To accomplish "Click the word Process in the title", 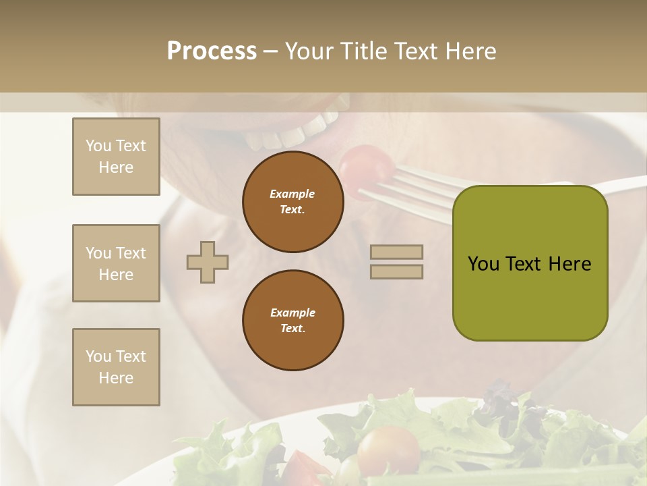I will tap(212, 51).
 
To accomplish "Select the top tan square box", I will tap(116, 157).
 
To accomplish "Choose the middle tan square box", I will tap(116, 263).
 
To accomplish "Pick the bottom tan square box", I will tap(116, 367).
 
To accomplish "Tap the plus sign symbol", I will tap(208, 261).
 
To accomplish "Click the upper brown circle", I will tap(293, 202).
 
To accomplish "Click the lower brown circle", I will tap(293, 321).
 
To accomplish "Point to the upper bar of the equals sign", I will tap(396, 252).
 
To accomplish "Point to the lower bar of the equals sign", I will tap(396, 271).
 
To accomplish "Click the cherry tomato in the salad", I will tap(389, 449).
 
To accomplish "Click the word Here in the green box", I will tap(569, 264).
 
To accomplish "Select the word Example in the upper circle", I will tap(292, 194).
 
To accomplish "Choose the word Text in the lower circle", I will tap(292, 329).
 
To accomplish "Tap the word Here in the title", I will tap(469, 51).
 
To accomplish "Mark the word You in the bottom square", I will tap(98, 356).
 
